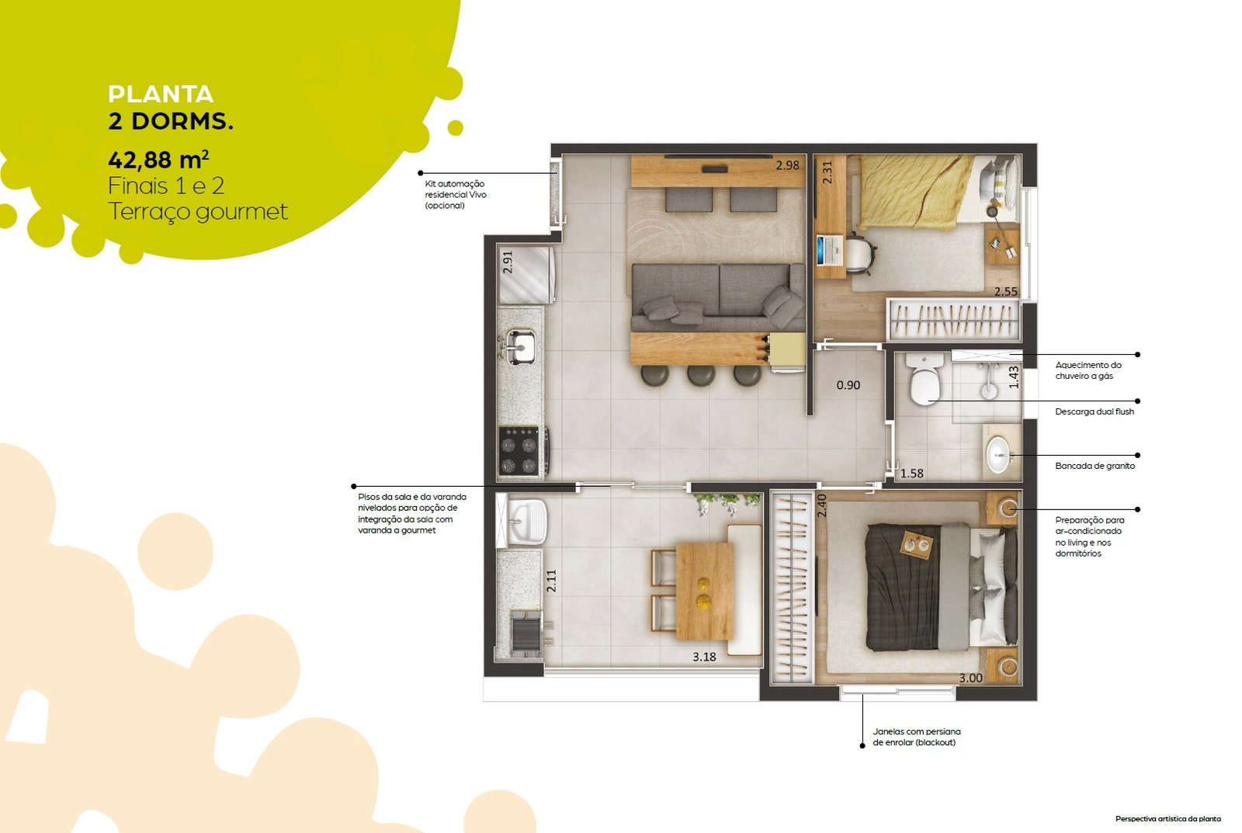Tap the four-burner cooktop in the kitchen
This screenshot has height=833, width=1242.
coord(520,450)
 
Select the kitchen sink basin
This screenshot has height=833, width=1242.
coord(521,347)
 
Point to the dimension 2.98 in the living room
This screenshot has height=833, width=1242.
coord(787,165)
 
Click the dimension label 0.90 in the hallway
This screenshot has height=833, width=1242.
coord(848,385)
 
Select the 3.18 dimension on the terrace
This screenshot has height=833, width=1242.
coord(704,657)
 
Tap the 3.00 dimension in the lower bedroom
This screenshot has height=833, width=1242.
coord(971,678)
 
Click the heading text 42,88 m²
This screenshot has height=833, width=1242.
coord(158,160)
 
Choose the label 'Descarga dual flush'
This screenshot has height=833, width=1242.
coord(1095,411)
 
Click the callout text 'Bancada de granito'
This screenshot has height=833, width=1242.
coord(1095,466)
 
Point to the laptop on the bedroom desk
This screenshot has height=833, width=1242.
coord(830,250)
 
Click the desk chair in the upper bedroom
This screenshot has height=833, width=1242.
coord(859,255)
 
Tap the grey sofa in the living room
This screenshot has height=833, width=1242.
coord(718,297)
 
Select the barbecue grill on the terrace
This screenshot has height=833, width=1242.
coord(526,633)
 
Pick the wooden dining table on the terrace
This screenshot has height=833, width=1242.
coord(705,592)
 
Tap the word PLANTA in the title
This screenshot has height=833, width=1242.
coord(161,94)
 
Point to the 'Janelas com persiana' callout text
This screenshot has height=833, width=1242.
coord(917,731)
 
